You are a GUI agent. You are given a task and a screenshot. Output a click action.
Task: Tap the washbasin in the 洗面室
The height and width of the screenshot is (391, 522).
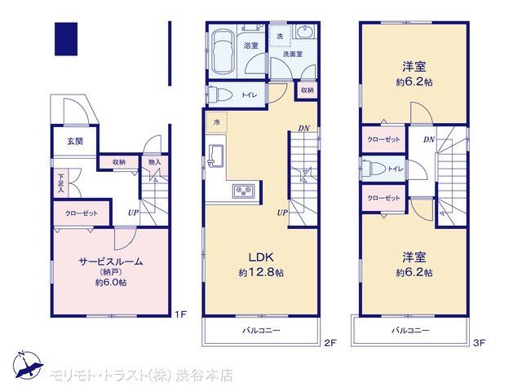304,33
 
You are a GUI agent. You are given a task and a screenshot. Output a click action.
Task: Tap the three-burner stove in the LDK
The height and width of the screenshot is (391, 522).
243,191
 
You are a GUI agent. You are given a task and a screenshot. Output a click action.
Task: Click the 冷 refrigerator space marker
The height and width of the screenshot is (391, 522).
217,123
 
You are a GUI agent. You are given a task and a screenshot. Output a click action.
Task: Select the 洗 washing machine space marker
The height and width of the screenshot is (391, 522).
280,36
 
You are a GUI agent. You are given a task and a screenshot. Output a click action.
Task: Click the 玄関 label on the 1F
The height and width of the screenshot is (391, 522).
75,141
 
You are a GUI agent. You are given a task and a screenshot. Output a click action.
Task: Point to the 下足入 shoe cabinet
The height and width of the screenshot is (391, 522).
61,184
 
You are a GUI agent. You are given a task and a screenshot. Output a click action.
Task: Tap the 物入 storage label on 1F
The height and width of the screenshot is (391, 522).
154,162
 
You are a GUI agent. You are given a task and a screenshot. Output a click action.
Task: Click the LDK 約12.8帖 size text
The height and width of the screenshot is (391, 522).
261,273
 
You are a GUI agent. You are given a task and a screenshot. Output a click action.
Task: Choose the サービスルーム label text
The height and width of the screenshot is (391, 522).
111,261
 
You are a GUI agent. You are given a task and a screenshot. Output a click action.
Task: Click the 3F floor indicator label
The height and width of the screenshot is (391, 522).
479,342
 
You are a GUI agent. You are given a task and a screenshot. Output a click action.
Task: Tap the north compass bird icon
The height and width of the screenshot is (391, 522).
28,364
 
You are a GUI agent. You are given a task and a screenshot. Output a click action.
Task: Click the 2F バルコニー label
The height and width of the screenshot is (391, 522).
261,331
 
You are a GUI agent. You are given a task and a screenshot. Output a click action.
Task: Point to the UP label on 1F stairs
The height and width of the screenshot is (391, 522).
133,213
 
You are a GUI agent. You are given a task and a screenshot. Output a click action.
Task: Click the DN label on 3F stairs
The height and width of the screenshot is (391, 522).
429,140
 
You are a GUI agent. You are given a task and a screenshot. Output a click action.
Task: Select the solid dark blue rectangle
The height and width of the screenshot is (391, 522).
66,39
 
